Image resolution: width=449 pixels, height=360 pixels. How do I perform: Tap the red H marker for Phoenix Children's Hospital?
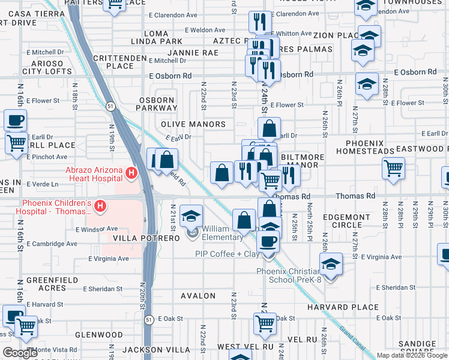click(x=101, y=207)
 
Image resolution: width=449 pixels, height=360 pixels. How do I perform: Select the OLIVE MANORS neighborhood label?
click(x=193, y=124)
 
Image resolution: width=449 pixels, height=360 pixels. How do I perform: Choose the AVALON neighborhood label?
click(x=198, y=296)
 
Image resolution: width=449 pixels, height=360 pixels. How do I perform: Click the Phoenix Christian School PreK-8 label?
click(x=293, y=275)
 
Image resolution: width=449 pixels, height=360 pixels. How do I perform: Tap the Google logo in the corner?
click(x=20, y=353)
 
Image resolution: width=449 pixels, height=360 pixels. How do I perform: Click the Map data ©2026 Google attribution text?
click(x=412, y=355)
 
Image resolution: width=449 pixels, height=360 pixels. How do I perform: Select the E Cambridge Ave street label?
click(x=52, y=244)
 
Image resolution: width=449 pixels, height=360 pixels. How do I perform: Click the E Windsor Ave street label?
click(x=97, y=229)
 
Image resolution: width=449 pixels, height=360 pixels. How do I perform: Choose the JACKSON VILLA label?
click(x=152, y=349)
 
